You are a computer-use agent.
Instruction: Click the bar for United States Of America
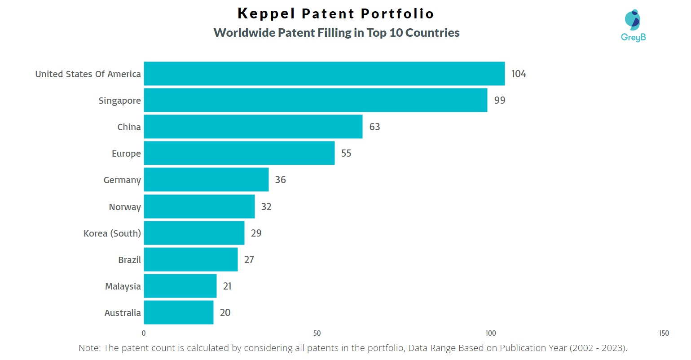coord(324,74)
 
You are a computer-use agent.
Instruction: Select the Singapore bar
coord(315,100)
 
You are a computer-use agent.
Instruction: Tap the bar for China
coord(253,127)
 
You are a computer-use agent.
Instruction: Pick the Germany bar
coord(206,180)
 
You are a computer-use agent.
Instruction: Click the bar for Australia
coord(178,312)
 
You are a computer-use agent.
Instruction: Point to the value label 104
coord(519,74)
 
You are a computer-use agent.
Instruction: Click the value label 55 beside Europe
coord(346,153)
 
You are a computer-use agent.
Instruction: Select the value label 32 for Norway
coord(266,206)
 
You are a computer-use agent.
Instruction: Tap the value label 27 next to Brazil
coord(249,259)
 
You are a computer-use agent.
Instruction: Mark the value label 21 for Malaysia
coord(228,286)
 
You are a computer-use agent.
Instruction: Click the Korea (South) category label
coord(112,233)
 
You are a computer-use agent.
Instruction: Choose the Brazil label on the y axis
coord(129,260)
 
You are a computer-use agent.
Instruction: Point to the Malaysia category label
coord(123,286)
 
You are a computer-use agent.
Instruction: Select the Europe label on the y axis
coord(126,154)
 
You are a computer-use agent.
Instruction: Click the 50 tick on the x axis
coord(317,333)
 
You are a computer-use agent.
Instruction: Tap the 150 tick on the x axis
coord(664,333)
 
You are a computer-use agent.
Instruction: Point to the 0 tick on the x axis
coord(144,333)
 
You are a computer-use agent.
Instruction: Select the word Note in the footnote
coord(89,348)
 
